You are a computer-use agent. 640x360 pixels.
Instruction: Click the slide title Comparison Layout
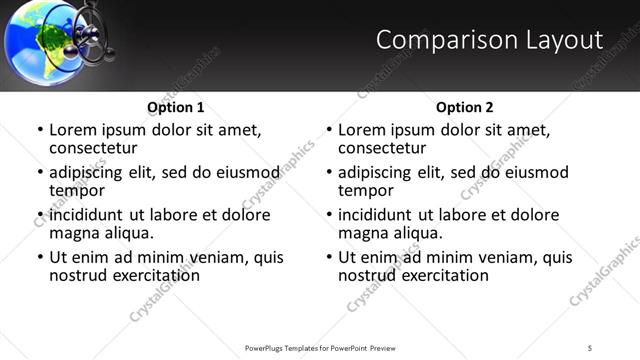pos(489,40)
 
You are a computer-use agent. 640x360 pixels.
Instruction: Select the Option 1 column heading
pos(176,107)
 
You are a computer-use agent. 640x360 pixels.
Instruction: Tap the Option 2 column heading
pos(465,107)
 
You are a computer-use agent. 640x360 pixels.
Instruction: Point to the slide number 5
pos(590,348)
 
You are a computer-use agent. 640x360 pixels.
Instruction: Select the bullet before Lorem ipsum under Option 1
pos(40,131)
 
